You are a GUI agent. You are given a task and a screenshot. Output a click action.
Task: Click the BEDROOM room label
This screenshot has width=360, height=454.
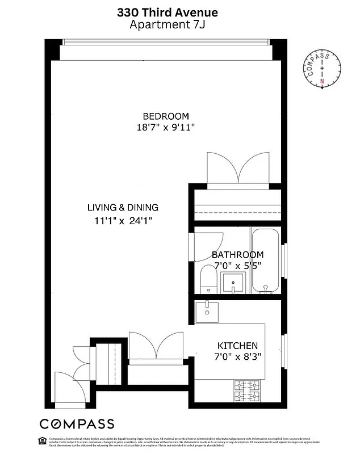(x=166, y=116)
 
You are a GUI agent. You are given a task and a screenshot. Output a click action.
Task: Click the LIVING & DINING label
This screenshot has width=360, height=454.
(x=123, y=207)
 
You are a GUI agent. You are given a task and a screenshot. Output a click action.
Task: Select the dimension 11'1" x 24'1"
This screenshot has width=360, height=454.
(x=123, y=220)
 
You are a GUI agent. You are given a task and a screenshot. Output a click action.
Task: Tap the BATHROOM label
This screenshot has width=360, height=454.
(x=237, y=255)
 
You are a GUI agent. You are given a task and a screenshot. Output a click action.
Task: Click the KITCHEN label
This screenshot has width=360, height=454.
(x=238, y=346)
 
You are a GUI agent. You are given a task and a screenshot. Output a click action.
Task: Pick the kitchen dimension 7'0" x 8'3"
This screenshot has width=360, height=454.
(x=238, y=357)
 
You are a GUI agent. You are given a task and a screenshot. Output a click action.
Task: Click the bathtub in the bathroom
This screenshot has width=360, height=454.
(x=265, y=261)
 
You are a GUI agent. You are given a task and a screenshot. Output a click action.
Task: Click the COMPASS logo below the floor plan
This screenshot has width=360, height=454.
(x=76, y=424)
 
